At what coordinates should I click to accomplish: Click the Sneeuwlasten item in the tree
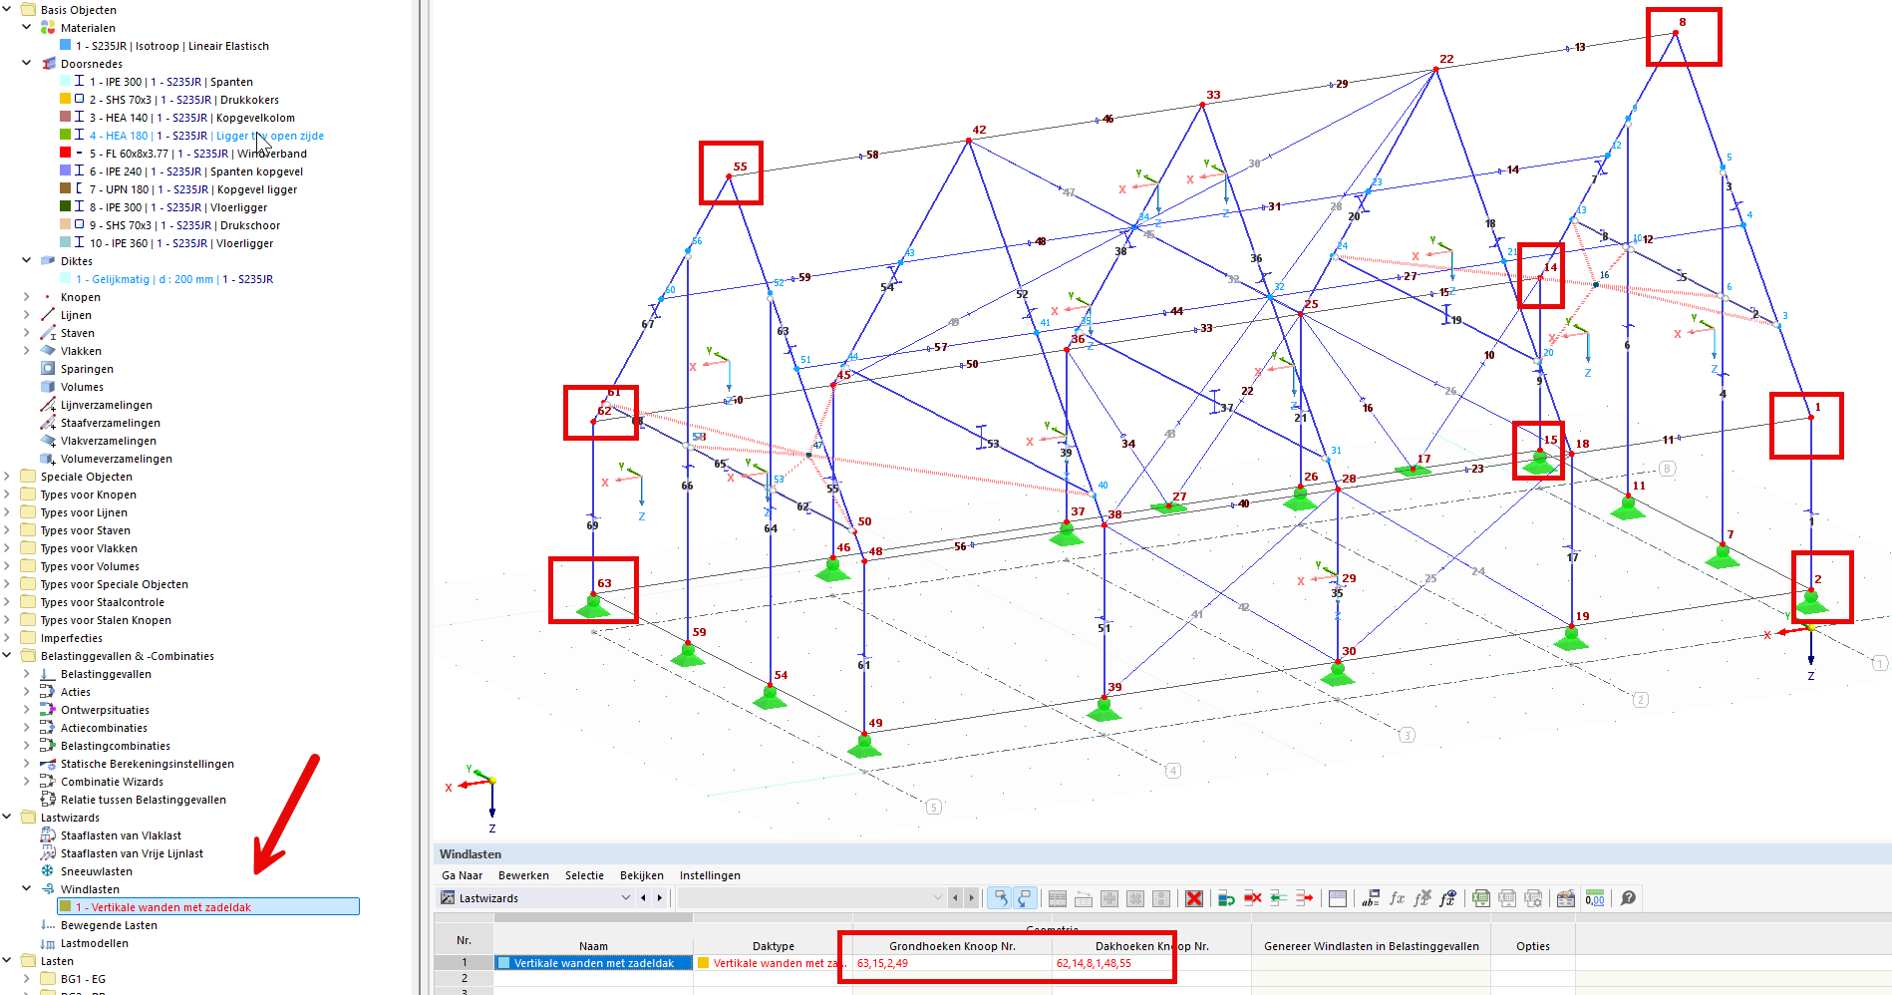click(96, 871)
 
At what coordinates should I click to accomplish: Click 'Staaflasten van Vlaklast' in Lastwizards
click(121, 835)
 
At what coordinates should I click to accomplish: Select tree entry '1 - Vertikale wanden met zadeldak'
click(170, 907)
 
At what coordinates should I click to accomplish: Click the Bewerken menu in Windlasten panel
click(523, 875)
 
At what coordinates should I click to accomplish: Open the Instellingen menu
click(710, 875)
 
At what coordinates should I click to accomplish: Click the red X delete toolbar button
click(1193, 898)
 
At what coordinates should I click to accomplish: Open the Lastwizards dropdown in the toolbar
click(626, 898)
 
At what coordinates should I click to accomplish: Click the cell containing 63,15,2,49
click(883, 963)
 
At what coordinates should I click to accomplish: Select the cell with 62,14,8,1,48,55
click(1094, 963)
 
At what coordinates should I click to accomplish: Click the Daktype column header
click(773, 946)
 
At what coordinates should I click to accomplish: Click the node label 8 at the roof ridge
click(1683, 22)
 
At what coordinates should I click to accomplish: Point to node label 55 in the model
click(740, 166)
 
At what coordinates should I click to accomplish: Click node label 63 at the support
click(604, 583)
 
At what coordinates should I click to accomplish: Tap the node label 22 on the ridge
click(1446, 59)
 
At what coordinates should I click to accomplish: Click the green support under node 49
click(864, 746)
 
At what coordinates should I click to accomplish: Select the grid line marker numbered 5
click(934, 807)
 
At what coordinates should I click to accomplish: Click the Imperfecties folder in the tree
click(71, 638)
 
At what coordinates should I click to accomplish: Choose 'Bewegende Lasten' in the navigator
click(109, 925)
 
